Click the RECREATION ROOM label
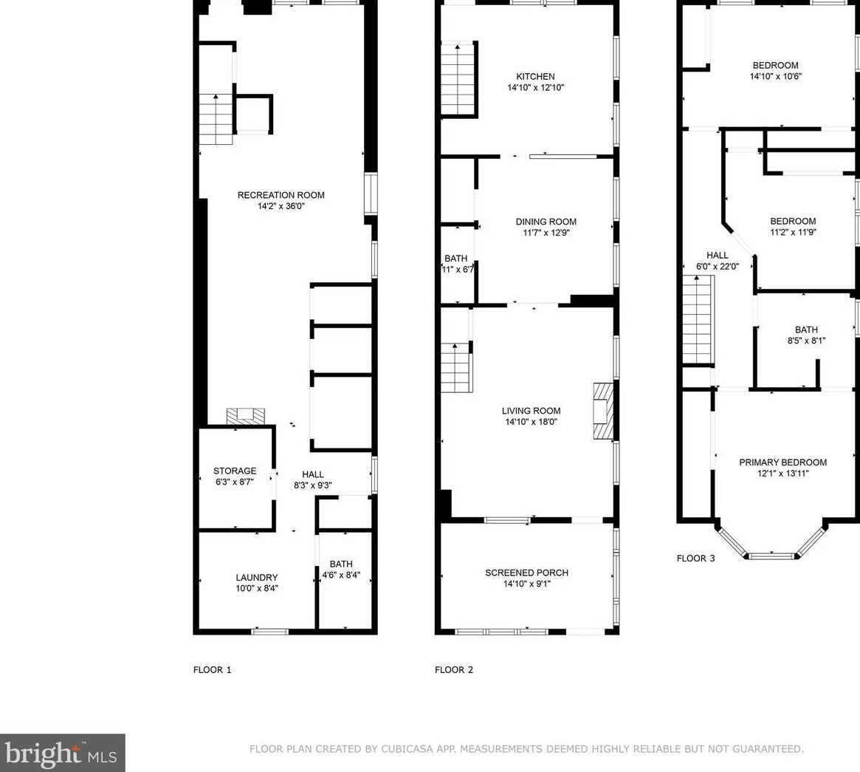[x=281, y=195]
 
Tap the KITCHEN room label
[x=535, y=77]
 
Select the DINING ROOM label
[x=546, y=222]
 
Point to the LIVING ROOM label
[x=531, y=411]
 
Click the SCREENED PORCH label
[x=526, y=573]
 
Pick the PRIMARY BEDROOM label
[x=782, y=462]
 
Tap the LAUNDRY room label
[x=257, y=578]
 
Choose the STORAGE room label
[x=235, y=471]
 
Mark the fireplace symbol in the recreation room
[x=245, y=416]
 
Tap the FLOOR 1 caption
[x=212, y=670]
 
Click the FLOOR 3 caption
[x=695, y=558]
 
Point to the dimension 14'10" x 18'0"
[x=531, y=423]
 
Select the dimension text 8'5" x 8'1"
[x=805, y=341]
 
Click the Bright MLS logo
[x=63, y=753]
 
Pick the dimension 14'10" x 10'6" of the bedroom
[x=775, y=76]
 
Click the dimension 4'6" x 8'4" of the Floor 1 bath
[x=341, y=575]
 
